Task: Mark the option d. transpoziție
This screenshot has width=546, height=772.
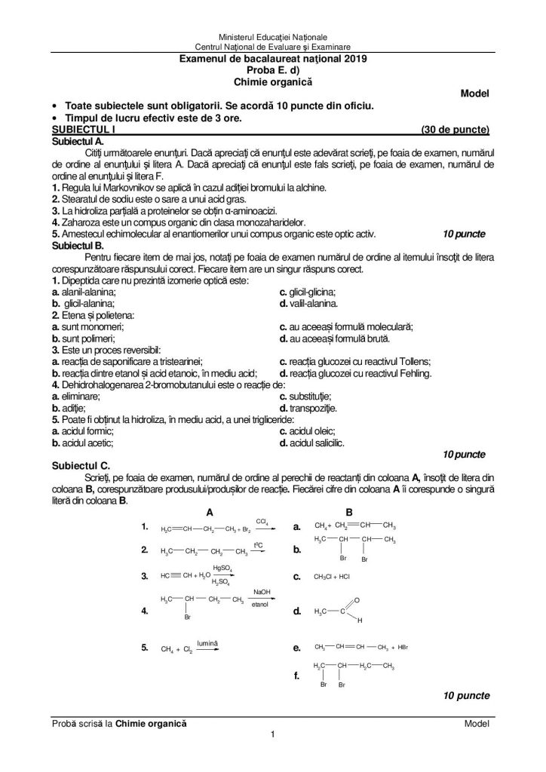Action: click(x=308, y=408)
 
